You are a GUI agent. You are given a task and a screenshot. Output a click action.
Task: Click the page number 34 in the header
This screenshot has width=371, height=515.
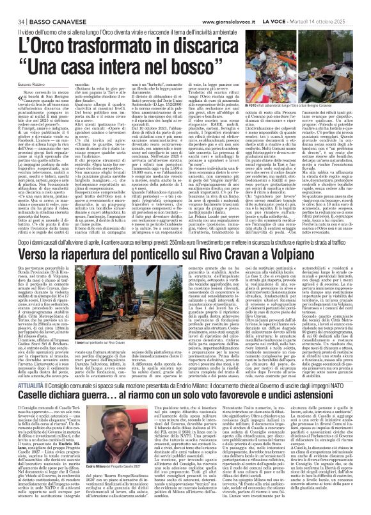pos(12,6)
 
